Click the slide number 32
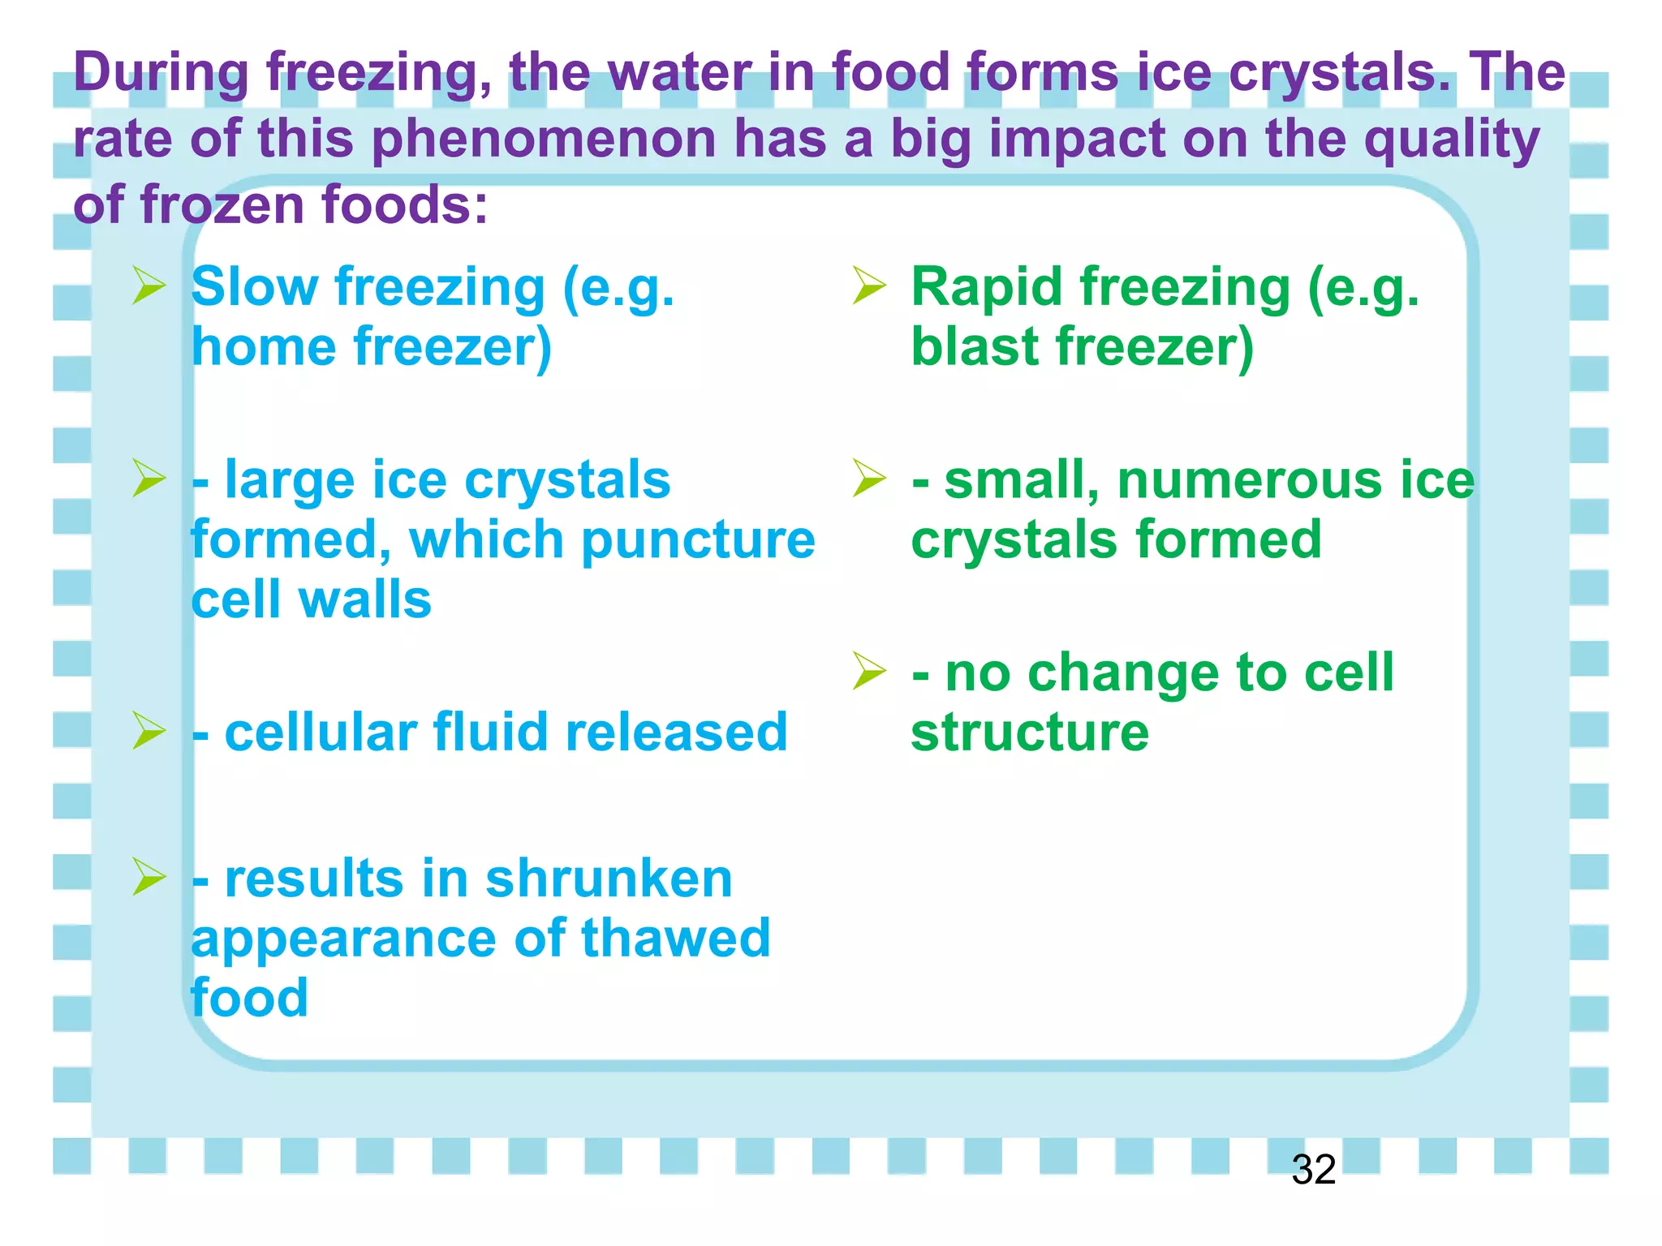(1313, 1170)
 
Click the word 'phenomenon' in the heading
(544, 139)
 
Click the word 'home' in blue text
(263, 347)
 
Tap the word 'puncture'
(698, 540)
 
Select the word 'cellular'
(321, 733)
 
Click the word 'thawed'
(675, 939)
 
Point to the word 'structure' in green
(1030, 733)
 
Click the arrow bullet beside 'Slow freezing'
(149, 288)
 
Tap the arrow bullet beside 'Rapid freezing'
(869, 288)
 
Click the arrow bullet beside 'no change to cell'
(869, 672)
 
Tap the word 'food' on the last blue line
(249, 998)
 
